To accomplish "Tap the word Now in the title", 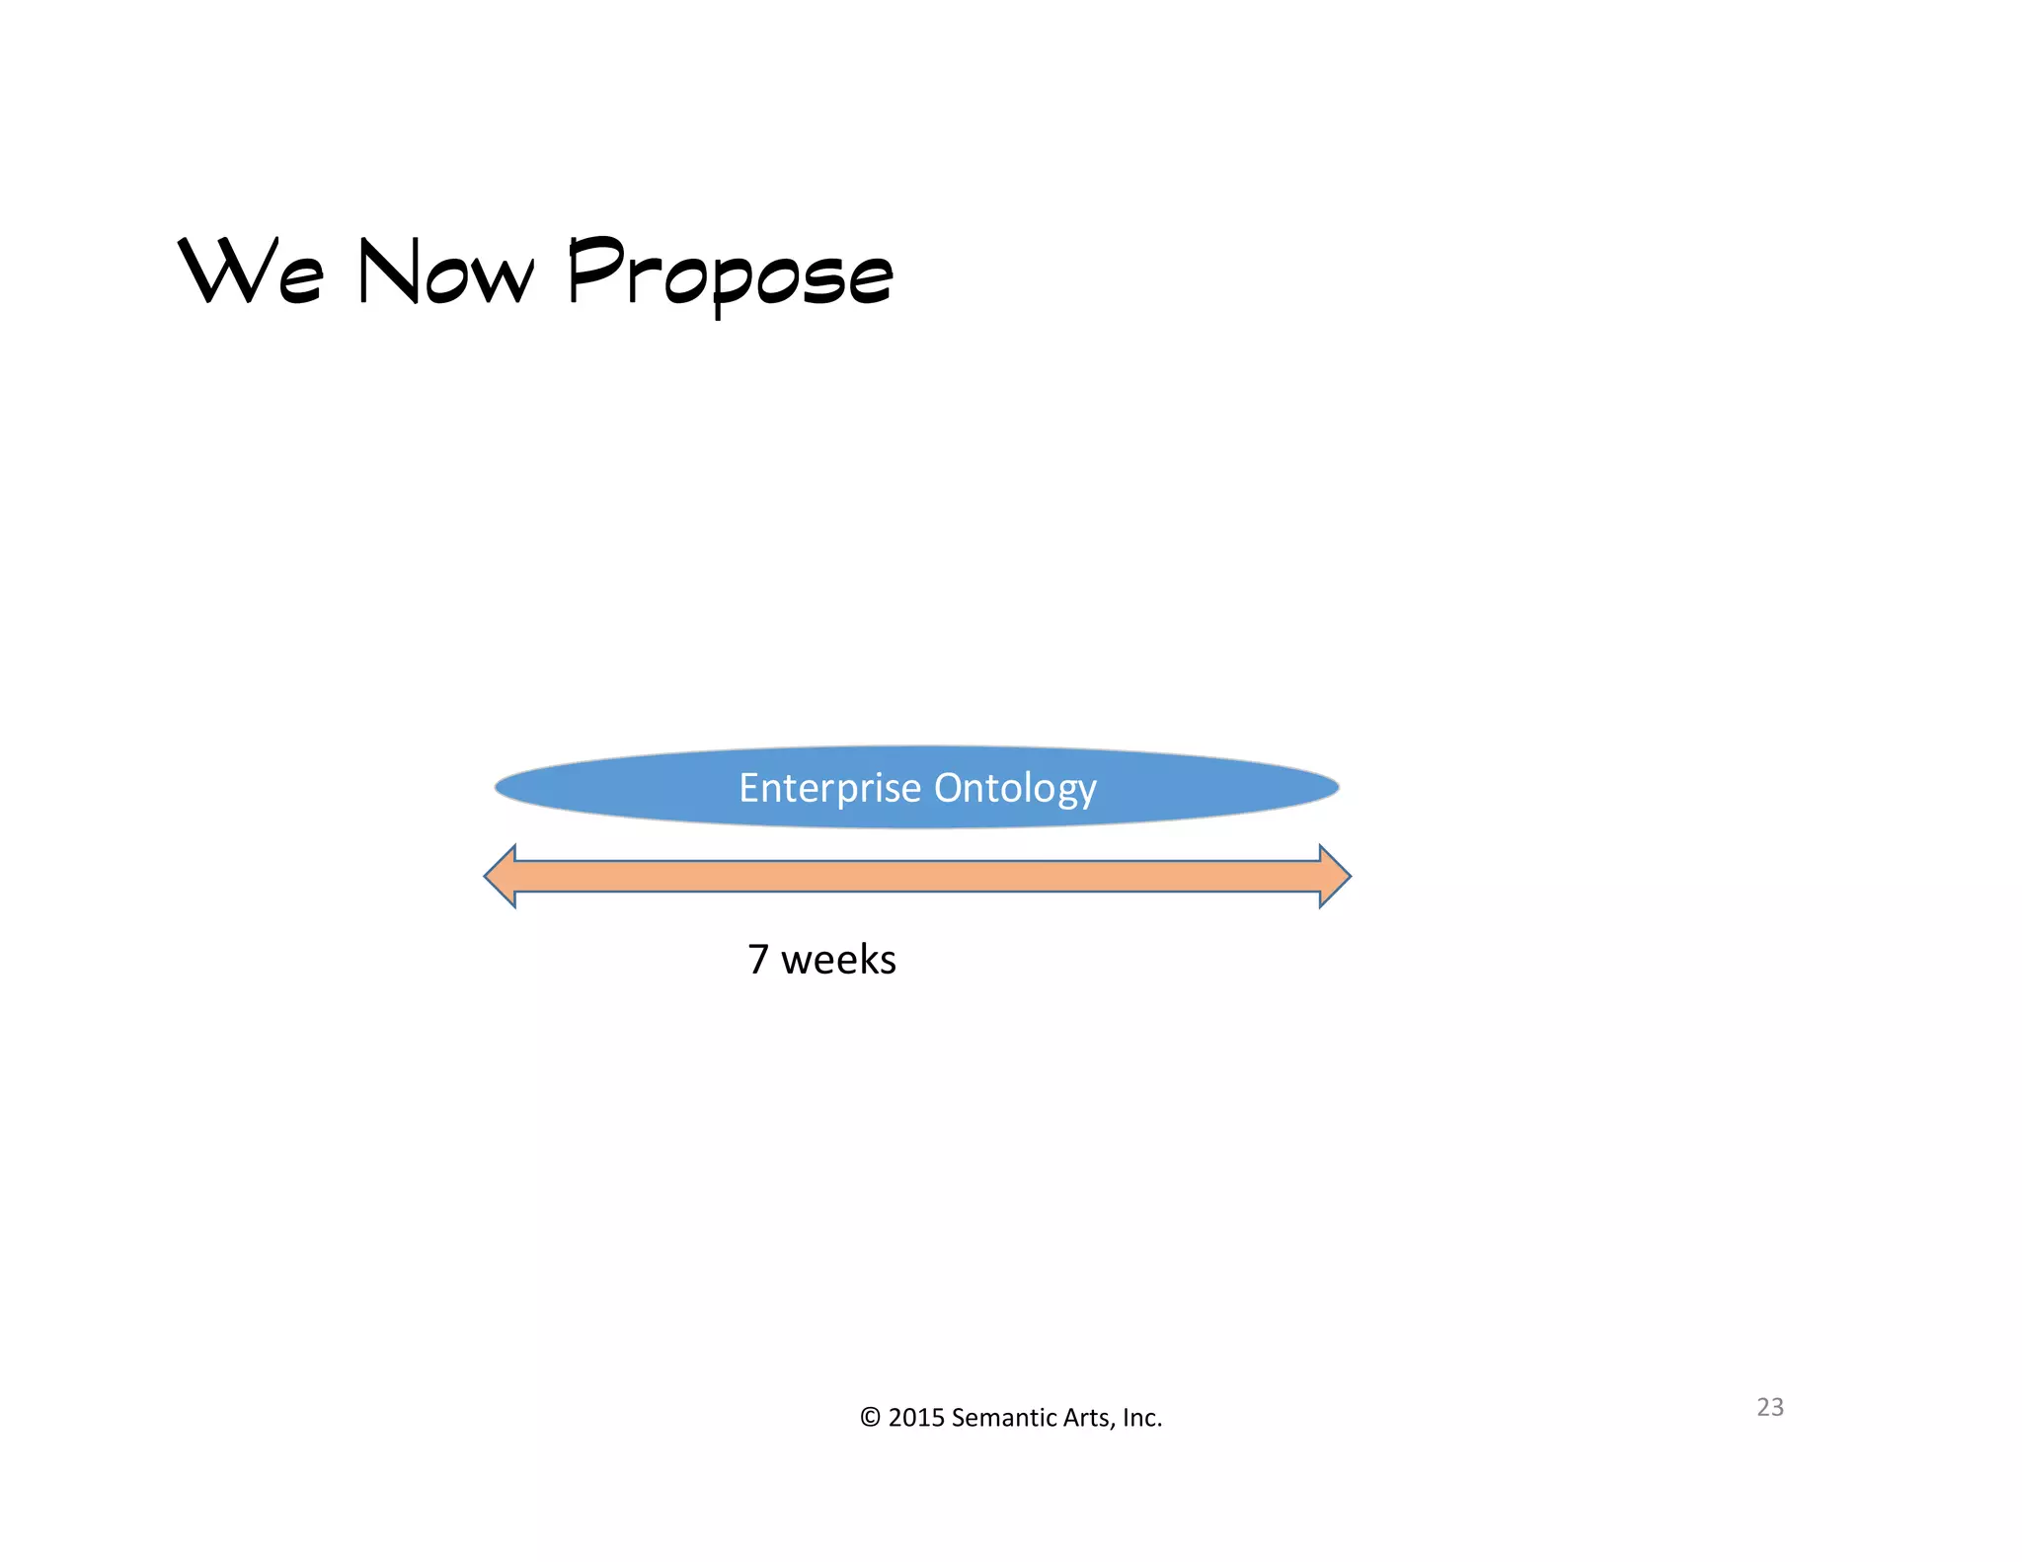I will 445,272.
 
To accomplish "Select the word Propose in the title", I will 731,273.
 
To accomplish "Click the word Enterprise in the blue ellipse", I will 830,788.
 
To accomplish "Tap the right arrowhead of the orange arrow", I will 1334,876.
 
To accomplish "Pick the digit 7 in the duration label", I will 757,960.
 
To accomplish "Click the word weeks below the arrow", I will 838,960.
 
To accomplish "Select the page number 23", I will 1769,1407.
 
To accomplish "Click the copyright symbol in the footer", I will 869,1418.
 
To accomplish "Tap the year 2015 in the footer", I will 916,1418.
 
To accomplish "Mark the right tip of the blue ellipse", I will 1336,787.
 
